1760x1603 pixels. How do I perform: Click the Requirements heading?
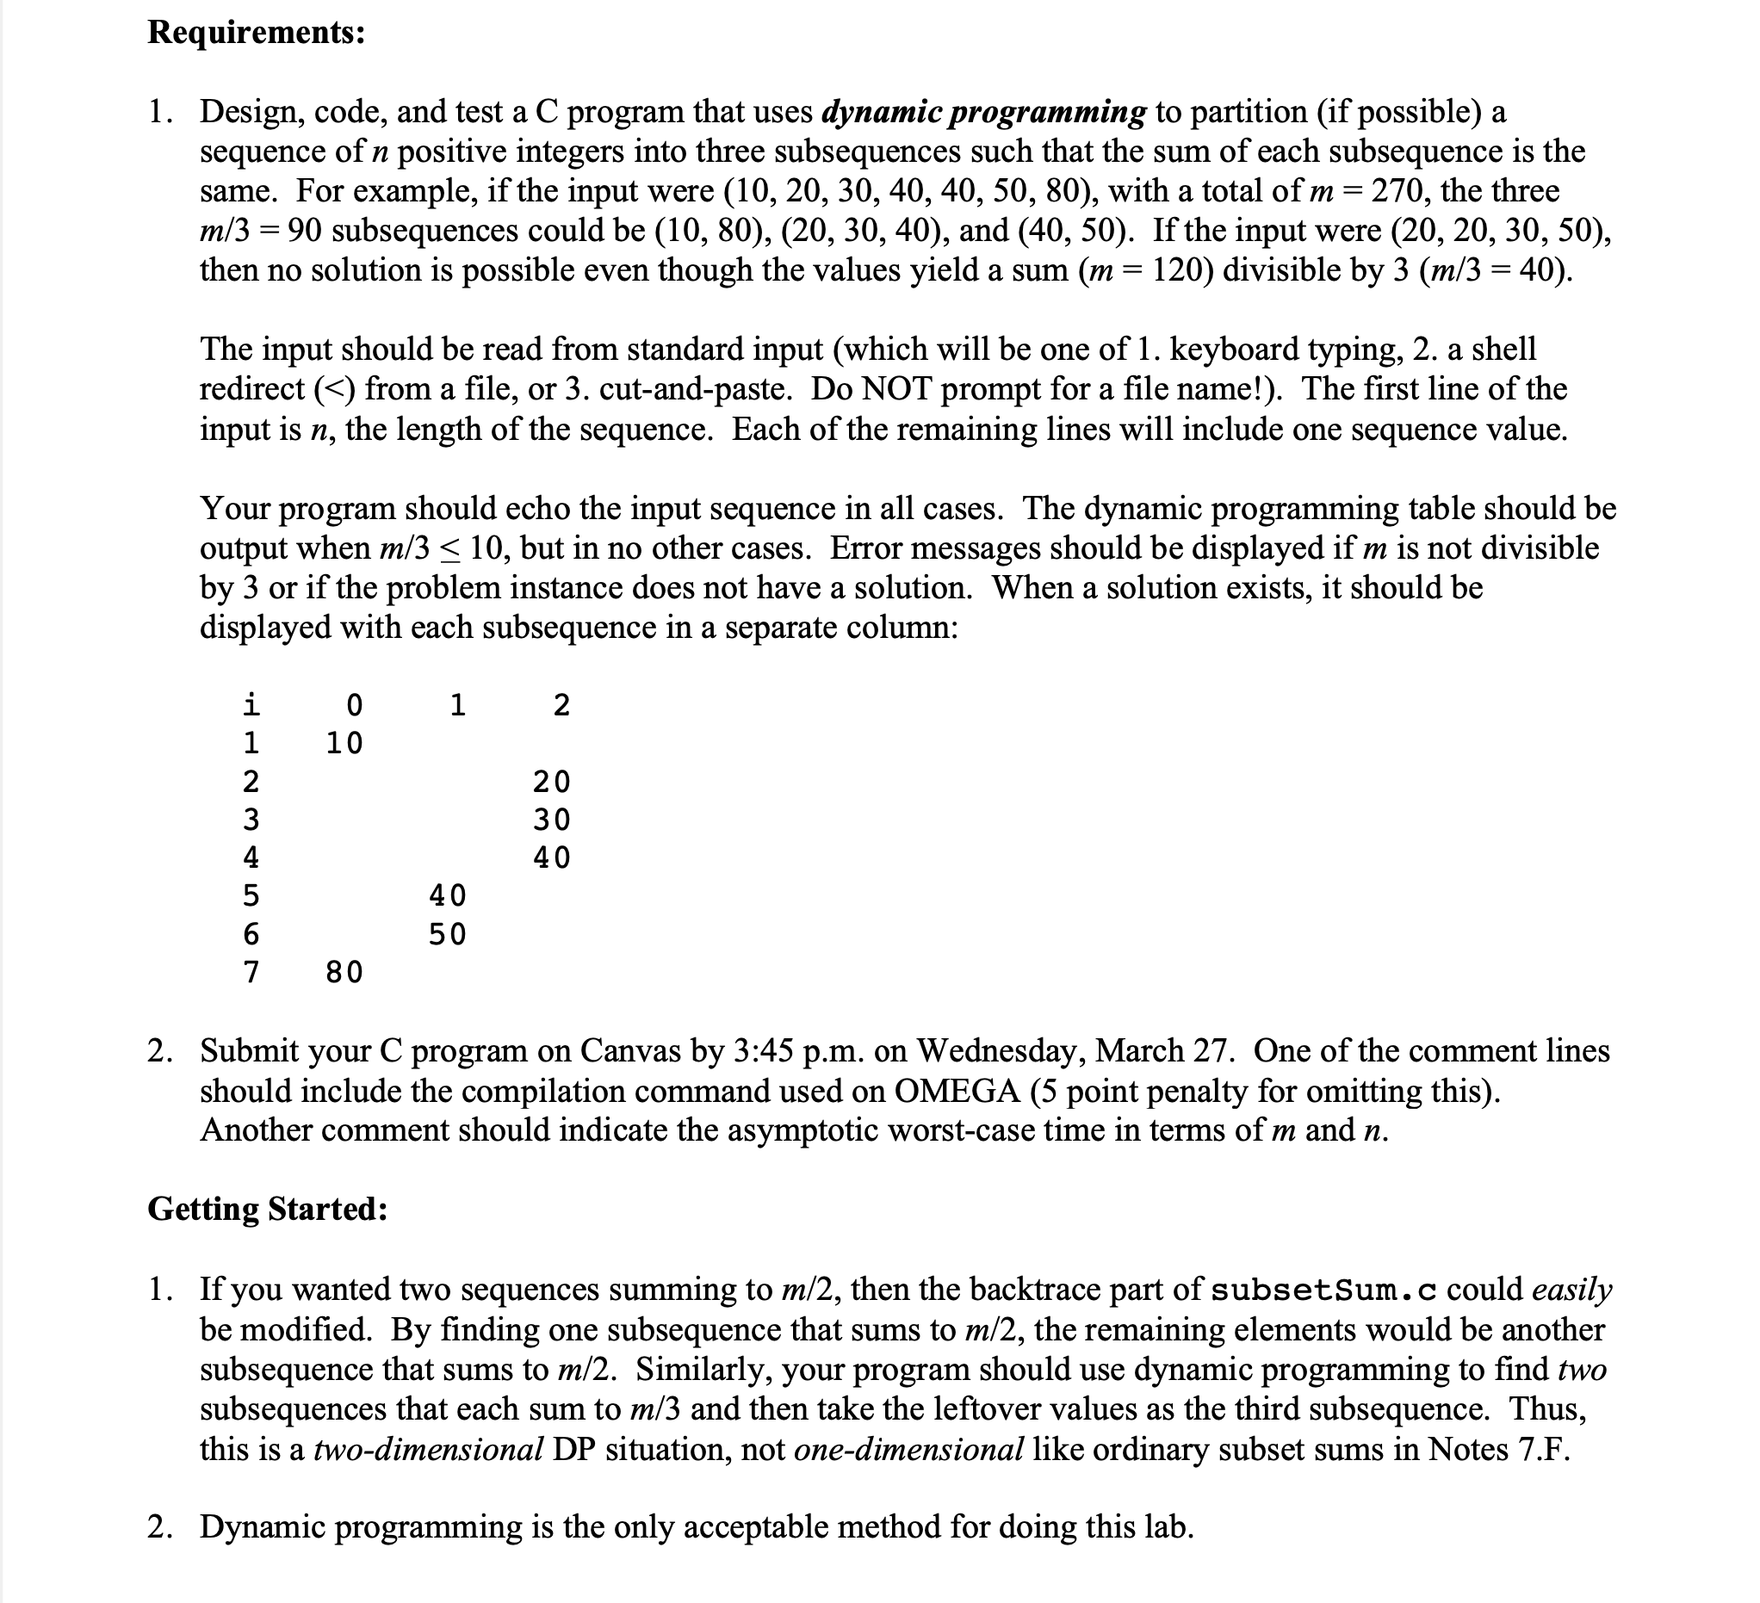point(256,33)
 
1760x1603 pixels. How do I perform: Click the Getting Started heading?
point(267,1210)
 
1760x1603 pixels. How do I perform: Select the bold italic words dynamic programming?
point(984,112)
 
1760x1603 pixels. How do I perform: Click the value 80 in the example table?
point(344,972)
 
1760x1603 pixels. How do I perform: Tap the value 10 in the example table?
point(344,743)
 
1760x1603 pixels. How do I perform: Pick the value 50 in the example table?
point(447,934)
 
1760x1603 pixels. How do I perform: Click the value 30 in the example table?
point(551,820)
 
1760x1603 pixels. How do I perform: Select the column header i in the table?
point(251,703)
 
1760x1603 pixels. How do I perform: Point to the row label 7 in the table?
point(251,972)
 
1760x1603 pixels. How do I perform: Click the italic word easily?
point(1571,1290)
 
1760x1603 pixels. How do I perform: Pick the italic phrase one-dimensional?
point(908,1450)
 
